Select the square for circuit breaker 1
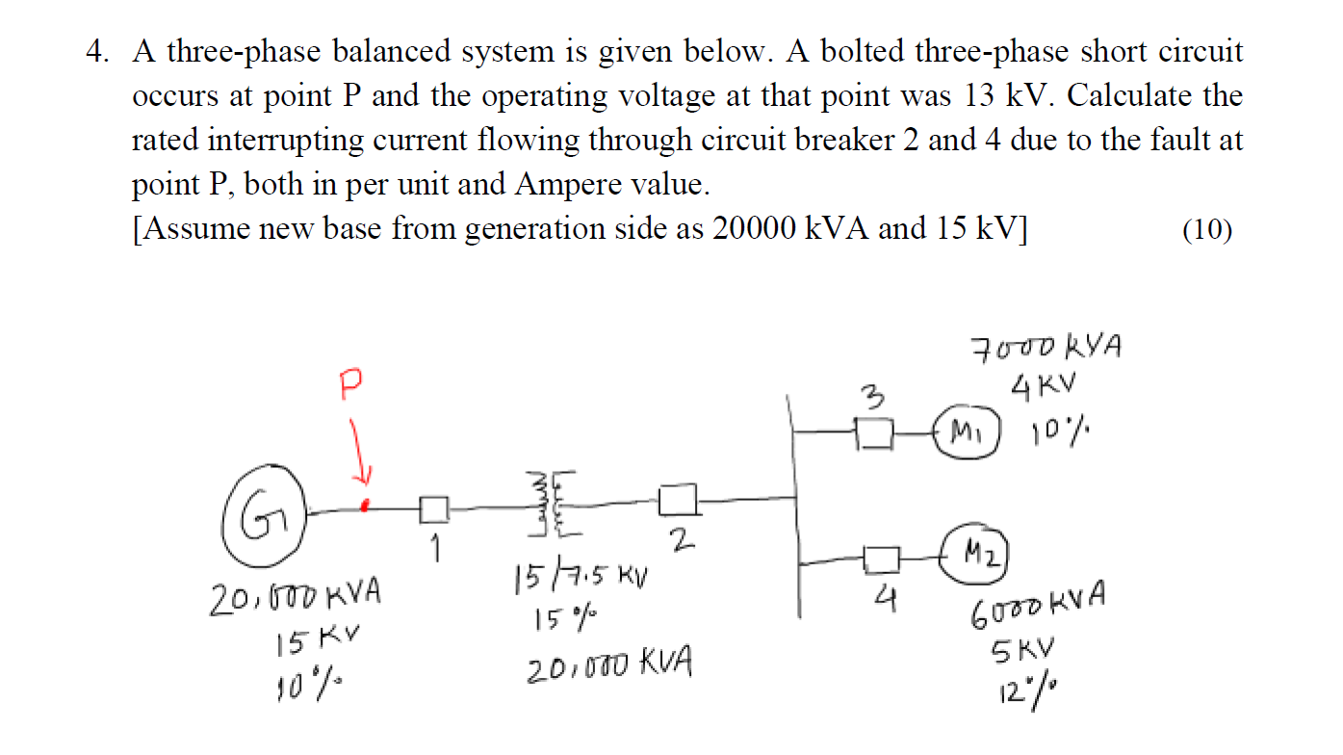(434, 508)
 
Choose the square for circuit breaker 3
(875, 433)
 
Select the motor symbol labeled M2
(977, 552)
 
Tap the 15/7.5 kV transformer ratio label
(581, 579)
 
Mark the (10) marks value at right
(1206, 229)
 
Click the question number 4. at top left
(96, 52)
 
